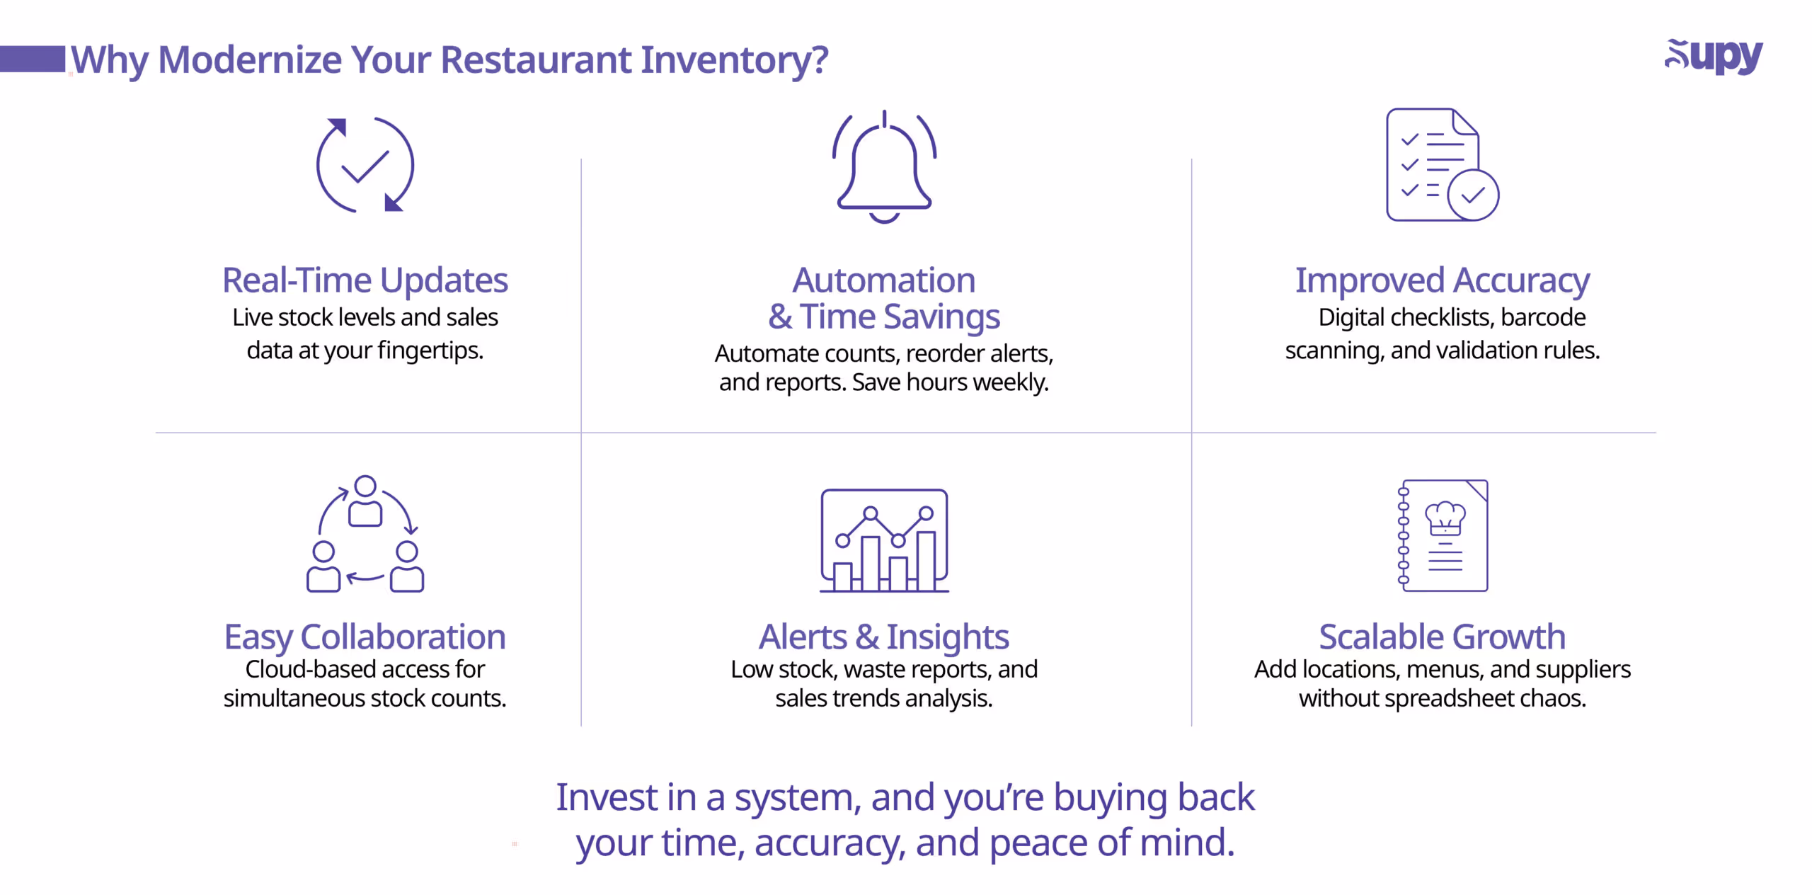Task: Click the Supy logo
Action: tap(1713, 57)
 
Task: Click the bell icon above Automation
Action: tap(884, 167)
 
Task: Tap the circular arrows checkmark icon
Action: tap(365, 165)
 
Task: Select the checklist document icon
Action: tap(1440, 164)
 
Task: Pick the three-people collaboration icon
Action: tap(365, 535)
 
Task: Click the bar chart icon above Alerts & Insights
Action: tap(884, 540)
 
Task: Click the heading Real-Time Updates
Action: tap(365, 280)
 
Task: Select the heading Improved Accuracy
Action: tap(1442, 280)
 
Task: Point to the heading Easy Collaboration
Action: tap(365, 637)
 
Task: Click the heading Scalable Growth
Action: tap(1442, 637)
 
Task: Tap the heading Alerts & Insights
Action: tap(883, 637)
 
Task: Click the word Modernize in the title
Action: tap(250, 59)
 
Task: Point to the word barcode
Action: tap(1542, 317)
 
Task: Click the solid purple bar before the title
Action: tap(33, 59)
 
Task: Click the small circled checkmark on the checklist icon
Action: tap(1473, 195)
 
